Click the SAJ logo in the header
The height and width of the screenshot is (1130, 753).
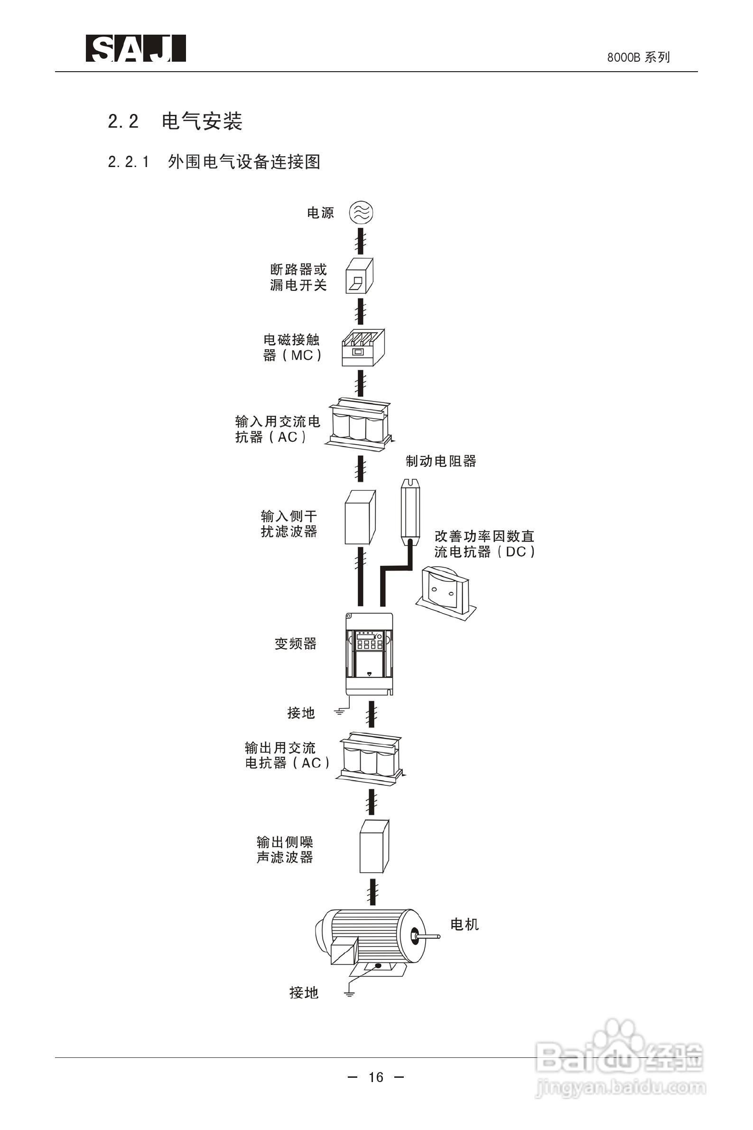click(135, 48)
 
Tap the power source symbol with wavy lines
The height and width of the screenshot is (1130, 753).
click(361, 213)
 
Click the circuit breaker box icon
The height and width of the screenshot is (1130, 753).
click(359, 276)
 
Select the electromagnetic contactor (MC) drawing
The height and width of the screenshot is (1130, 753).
click(363, 347)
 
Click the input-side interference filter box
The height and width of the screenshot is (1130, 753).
click(360, 517)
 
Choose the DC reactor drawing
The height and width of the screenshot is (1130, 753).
click(446, 592)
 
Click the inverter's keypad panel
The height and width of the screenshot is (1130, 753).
click(369, 641)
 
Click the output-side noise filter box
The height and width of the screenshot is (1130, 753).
click(374, 846)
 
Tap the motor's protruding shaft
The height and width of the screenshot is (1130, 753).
click(429, 936)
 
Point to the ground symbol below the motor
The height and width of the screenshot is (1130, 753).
click(349, 994)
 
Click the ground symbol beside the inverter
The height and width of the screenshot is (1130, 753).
click(340, 712)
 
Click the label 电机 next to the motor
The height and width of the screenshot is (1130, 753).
click(465, 924)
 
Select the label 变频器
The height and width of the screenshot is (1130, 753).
click(295, 644)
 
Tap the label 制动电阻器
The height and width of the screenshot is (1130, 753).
click(441, 461)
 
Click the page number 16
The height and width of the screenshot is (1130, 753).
click(376, 1077)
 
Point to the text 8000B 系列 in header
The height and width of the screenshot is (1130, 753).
click(638, 57)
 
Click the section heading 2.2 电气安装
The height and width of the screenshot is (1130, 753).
click(175, 121)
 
